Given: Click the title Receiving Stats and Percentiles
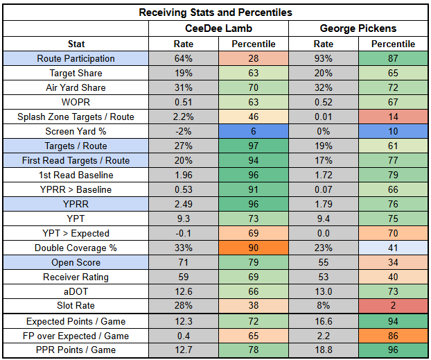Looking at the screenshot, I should [215, 12].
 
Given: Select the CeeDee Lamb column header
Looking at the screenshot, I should [218, 28].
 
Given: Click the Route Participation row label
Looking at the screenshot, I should [76, 59].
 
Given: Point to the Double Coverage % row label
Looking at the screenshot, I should [76, 248].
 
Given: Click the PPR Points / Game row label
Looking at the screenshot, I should [76, 350].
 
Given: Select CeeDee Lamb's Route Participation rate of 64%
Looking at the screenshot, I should [183, 59].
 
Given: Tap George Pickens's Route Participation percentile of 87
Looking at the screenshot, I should [392, 59].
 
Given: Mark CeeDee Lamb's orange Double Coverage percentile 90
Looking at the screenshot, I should [254, 248].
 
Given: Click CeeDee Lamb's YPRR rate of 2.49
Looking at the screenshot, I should [183, 205].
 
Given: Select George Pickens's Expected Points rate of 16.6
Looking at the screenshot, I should [323, 322].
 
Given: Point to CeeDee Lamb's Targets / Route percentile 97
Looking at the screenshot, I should [254, 146].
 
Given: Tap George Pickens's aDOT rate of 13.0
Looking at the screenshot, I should [323, 292].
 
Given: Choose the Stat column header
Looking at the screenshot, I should [76, 44].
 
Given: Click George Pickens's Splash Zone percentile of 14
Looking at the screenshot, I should [392, 117].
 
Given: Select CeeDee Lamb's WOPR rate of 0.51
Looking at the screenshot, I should [183, 103].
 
